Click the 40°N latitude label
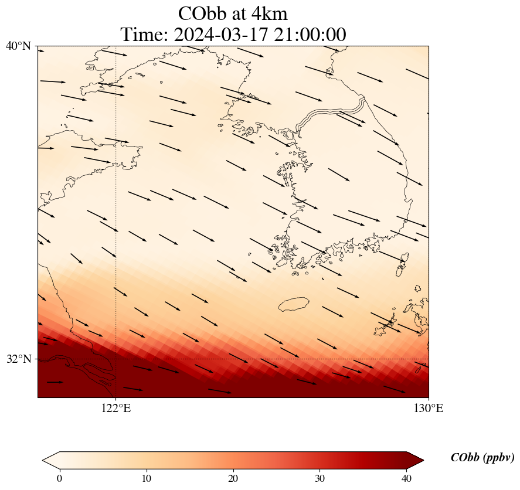18,46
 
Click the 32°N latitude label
18,359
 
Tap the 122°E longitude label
116,409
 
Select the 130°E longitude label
429,409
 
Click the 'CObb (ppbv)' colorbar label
482,458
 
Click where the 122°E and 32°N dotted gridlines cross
116,359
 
